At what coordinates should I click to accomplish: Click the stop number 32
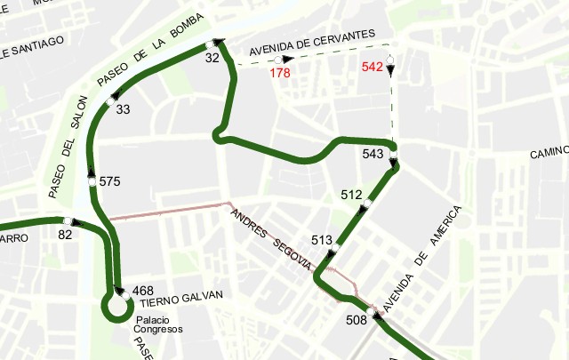click(212, 58)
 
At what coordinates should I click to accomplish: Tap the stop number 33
click(123, 109)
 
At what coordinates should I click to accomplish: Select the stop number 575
click(109, 181)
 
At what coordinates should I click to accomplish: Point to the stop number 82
click(64, 235)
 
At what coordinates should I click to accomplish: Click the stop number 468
click(142, 291)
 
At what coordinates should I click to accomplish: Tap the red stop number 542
click(373, 67)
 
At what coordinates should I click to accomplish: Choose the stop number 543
click(373, 154)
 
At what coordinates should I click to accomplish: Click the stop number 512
click(351, 195)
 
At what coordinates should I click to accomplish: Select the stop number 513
click(322, 240)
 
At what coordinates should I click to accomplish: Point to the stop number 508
click(356, 320)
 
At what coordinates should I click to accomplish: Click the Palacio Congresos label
click(157, 324)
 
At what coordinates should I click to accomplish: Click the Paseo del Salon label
click(68, 146)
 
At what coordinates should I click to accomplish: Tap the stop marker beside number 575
click(91, 181)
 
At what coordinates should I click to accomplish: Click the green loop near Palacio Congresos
click(116, 307)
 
